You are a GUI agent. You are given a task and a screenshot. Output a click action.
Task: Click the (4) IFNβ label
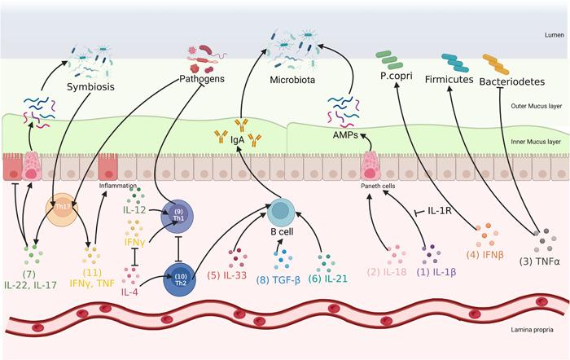click(x=489, y=253)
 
